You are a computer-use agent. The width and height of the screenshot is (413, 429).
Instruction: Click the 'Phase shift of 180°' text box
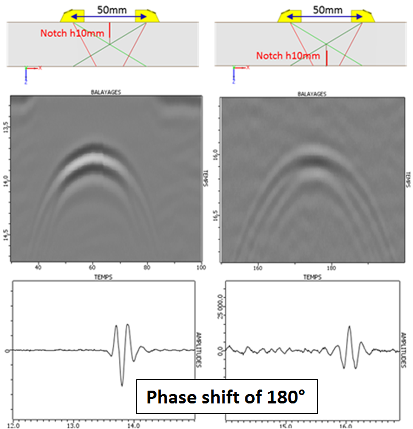pyautogui.click(x=227, y=397)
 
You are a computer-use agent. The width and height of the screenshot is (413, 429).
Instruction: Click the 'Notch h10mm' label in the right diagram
pyautogui.click(x=288, y=56)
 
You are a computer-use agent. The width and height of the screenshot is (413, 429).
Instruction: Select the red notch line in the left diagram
pyautogui.click(x=110, y=32)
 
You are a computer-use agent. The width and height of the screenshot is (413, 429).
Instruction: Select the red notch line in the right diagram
pyautogui.click(x=326, y=58)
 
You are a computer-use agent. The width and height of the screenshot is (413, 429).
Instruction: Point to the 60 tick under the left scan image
pyautogui.click(x=93, y=267)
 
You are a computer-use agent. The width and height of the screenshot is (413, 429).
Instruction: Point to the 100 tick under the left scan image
pyautogui.click(x=200, y=267)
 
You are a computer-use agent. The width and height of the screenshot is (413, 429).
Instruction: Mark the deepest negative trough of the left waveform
pyautogui.click(x=122, y=385)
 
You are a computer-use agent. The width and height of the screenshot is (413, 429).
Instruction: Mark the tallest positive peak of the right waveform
pyautogui.click(x=349, y=326)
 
